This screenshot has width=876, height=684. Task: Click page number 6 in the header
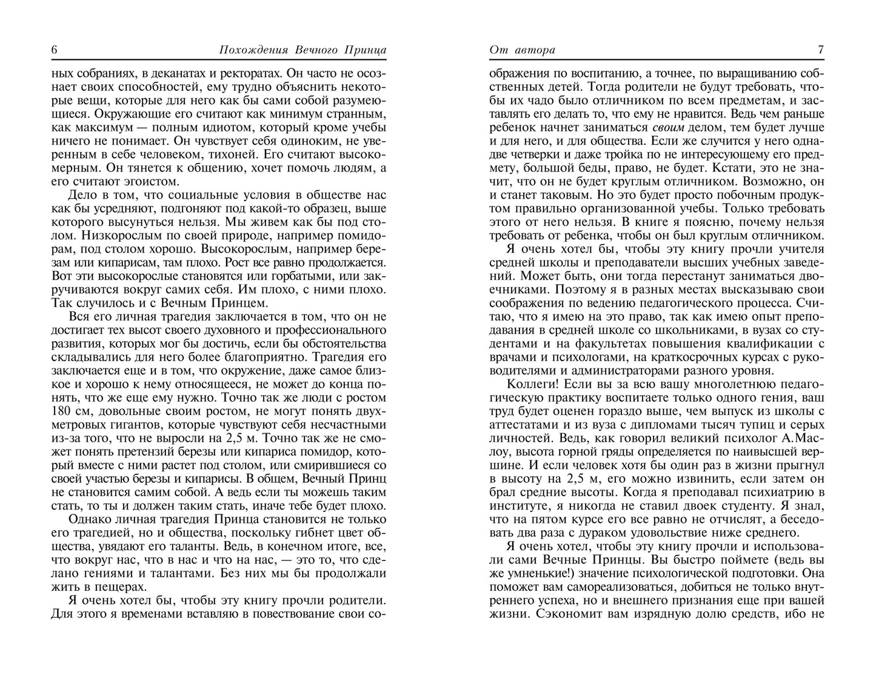point(54,50)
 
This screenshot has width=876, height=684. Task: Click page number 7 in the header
point(820,50)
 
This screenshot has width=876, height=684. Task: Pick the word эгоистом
point(150,181)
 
